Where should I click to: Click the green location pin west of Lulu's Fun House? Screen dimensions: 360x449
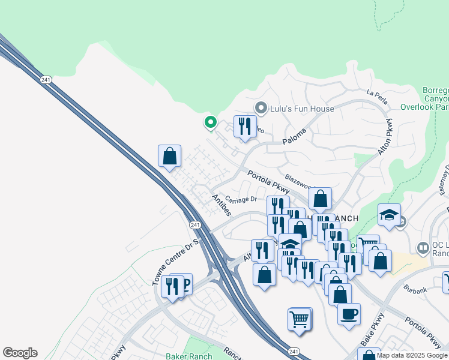click(210, 122)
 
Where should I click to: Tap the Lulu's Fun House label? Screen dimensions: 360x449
click(294, 109)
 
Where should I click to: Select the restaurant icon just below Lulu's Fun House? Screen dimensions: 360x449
click(244, 127)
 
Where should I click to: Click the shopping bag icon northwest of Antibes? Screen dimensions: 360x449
click(170, 156)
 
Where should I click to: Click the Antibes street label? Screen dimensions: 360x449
click(221, 205)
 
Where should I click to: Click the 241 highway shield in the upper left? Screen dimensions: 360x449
click(46, 80)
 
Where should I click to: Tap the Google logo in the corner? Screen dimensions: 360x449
click(20, 353)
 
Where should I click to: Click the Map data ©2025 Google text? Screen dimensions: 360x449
click(412, 355)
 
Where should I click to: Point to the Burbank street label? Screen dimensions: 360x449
click(415, 288)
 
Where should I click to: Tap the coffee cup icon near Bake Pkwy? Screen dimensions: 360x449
click(349, 314)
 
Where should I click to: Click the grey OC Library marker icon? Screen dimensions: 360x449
click(423, 247)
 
